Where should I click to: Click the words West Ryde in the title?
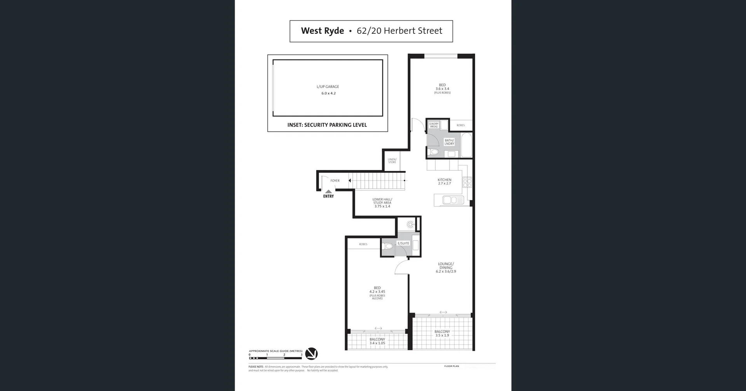(x=322, y=31)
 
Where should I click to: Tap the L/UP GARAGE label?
(x=328, y=87)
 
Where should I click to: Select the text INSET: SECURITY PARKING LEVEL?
(x=327, y=125)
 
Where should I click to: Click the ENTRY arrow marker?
(x=329, y=191)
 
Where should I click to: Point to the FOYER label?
(x=335, y=181)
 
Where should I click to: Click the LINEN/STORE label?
(x=392, y=161)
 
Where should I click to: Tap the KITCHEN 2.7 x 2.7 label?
(x=444, y=181)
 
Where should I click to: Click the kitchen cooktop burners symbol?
(x=467, y=182)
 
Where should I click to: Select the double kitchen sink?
(x=450, y=200)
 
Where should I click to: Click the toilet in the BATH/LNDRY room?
(x=434, y=152)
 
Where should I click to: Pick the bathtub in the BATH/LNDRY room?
(x=466, y=145)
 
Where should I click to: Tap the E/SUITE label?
(x=403, y=243)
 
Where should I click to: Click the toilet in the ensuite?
(x=388, y=246)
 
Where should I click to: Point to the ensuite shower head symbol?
(x=410, y=224)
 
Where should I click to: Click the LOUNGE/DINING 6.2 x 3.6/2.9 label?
(x=446, y=268)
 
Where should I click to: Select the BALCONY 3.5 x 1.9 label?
(x=442, y=334)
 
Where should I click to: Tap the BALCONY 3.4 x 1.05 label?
(x=377, y=341)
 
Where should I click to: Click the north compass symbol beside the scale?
(x=311, y=354)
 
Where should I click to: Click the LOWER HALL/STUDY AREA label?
(x=382, y=203)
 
